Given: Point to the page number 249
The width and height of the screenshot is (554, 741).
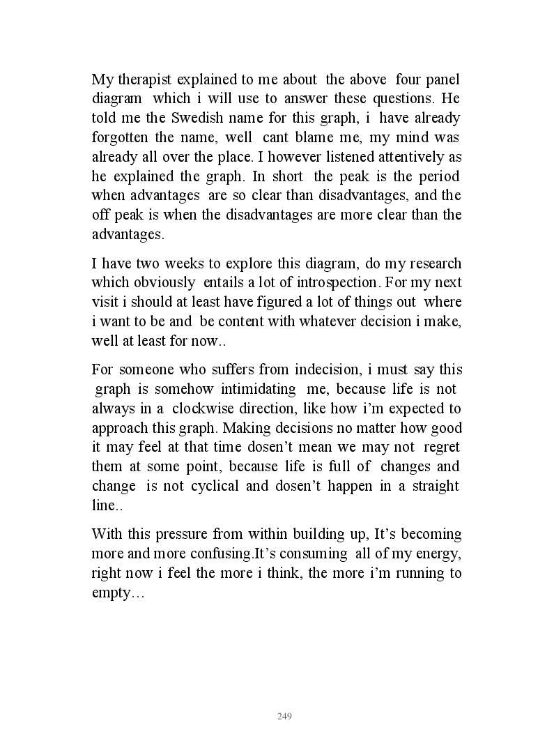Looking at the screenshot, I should tap(284, 717).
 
